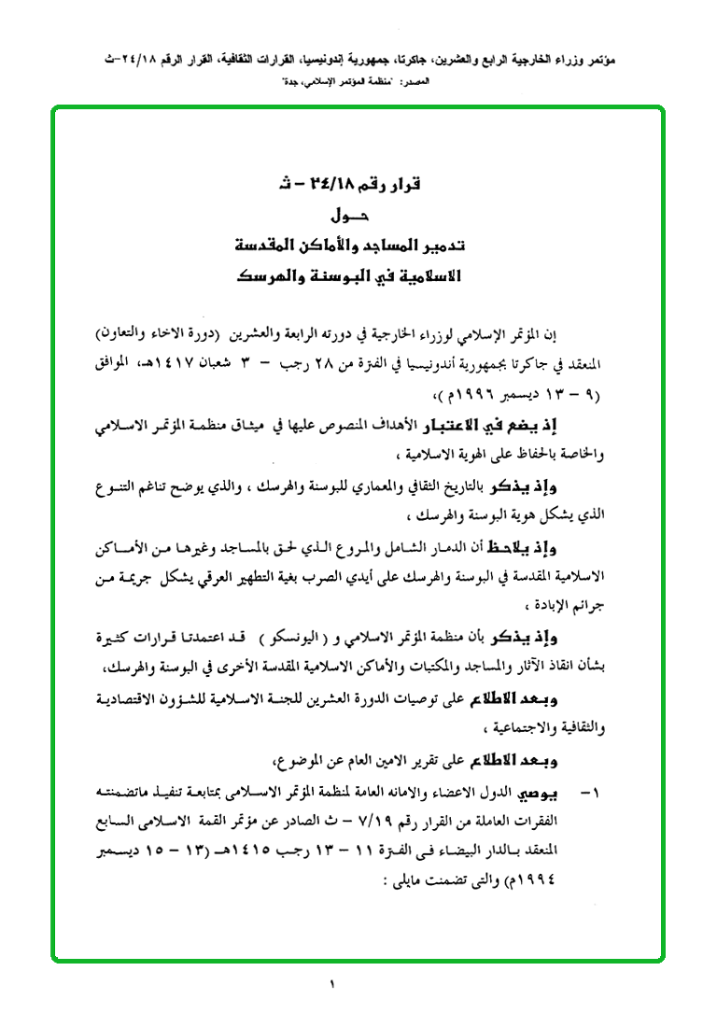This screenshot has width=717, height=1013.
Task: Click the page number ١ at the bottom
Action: tap(330, 982)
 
